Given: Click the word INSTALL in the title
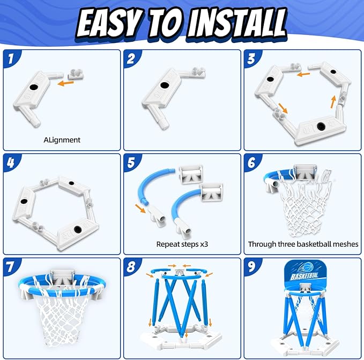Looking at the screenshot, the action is pyautogui.click(x=236, y=23).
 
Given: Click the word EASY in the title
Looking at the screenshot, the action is pyautogui.click(x=109, y=24).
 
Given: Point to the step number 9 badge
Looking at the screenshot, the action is pyautogui.click(x=251, y=267).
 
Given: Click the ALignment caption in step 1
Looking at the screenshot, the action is pyautogui.click(x=62, y=140).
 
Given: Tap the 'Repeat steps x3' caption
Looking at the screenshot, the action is pyautogui.click(x=182, y=244).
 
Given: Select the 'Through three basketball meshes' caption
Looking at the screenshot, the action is pyautogui.click(x=303, y=244).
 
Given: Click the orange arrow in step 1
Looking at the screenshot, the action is pyautogui.click(x=65, y=83).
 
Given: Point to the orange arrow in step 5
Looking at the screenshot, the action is pyautogui.click(x=140, y=208).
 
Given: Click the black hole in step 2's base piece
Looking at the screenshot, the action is pyautogui.click(x=165, y=85).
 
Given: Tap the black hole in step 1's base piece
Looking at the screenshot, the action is pyautogui.click(x=34, y=87).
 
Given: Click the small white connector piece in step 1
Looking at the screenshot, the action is pyautogui.click(x=76, y=74).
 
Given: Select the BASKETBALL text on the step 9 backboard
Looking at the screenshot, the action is pyautogui.click(x=304, y=276).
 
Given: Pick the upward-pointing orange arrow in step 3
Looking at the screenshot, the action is pyautogui.click(x=333, y=102).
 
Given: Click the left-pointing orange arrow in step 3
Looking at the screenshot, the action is pyautogui.click(x=303, y=75).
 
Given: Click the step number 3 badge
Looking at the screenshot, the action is pyautogui.click(x=251, y=59).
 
